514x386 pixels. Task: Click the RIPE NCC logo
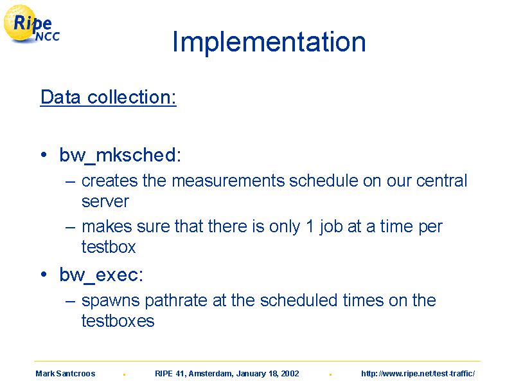coord(31,24)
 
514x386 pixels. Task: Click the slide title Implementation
coord(269,42)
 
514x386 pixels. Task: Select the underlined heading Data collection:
coord(109,97)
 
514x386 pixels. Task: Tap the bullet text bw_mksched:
coord(120,155)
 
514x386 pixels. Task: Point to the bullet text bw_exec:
coord(102,275)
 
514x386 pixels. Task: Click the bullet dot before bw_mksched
coord(44,154)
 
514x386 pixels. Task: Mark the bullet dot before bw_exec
coord(44,275)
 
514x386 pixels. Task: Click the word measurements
coord(228,181)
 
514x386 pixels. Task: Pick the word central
coord(441,181)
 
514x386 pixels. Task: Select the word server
coord(105,201)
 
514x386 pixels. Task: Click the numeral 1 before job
coord(310,226)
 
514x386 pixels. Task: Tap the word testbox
coord(109,247)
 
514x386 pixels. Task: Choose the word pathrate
coord(176,301)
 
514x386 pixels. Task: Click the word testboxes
coord(118,320)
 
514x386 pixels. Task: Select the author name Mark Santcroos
coord(66,374)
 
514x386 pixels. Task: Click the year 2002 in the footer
coord(290,374)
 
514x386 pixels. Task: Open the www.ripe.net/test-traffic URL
coord(418,374)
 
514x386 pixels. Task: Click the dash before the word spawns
coord(70,301)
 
